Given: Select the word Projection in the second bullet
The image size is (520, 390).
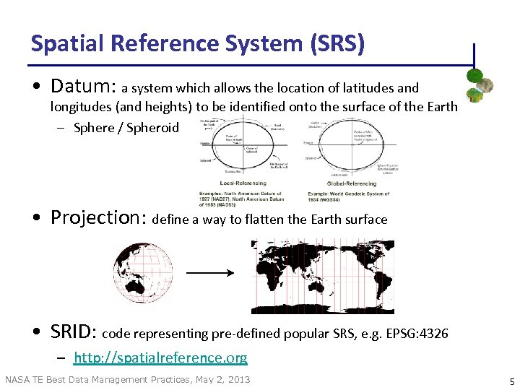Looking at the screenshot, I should [99, 218].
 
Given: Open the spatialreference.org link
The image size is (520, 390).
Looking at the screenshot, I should [160, 357].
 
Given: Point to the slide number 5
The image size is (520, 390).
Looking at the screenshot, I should [511, 381].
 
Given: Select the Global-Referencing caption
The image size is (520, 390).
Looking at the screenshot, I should [351, 183].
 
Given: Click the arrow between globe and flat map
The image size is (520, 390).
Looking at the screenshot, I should [210, 273].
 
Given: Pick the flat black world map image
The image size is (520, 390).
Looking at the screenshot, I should [322, 275].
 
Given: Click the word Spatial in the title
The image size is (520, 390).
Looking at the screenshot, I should [64, 43].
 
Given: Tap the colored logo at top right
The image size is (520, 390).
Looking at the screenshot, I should [479, 85].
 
